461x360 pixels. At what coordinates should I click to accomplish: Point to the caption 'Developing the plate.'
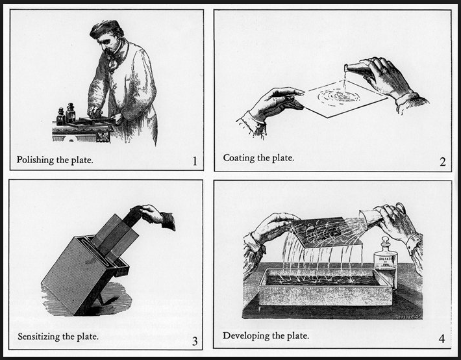point(266,336)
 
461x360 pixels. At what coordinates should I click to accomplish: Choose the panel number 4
point(442,339)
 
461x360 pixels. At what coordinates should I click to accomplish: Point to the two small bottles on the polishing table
point(66,116)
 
